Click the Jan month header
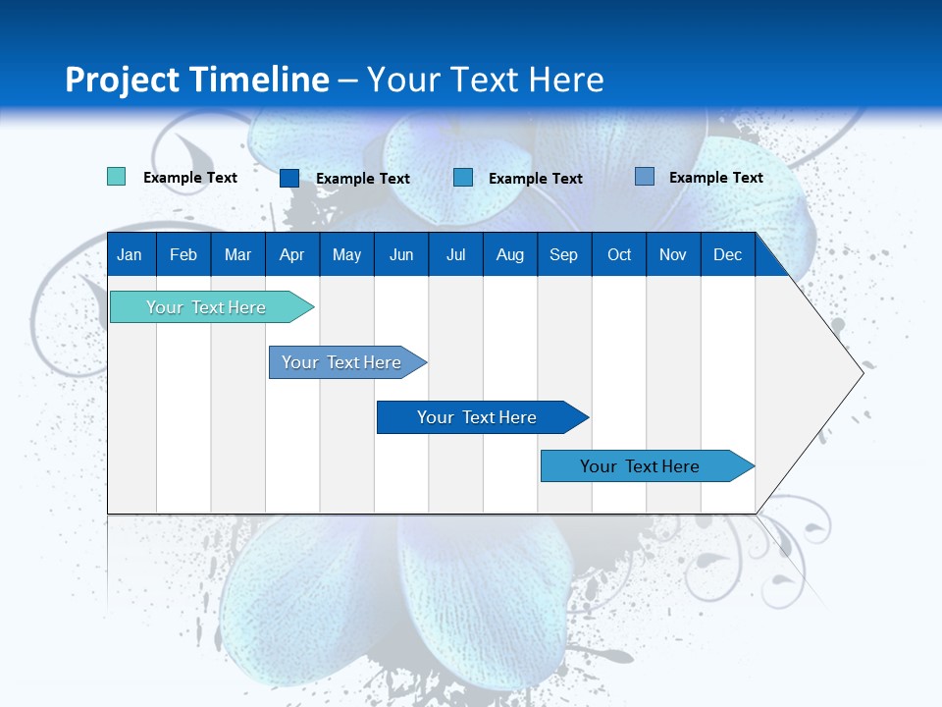click(x=130, y=254)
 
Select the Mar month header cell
click(x=237, y=254)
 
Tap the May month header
click(x=346, y=254)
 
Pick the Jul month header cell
click(x=455, y=254)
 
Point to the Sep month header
click(x=563, y=254)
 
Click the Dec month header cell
click(x=727, y=254)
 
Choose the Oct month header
click(x=619, y=254)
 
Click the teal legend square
click(x=116, y=177)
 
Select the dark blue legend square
click(x=288, y=178)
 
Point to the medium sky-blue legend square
click(x=463, y=178)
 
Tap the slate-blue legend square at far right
click(x=644, y=177)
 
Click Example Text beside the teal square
click(x=190, y=178)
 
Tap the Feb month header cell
click(x=183, y=254)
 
